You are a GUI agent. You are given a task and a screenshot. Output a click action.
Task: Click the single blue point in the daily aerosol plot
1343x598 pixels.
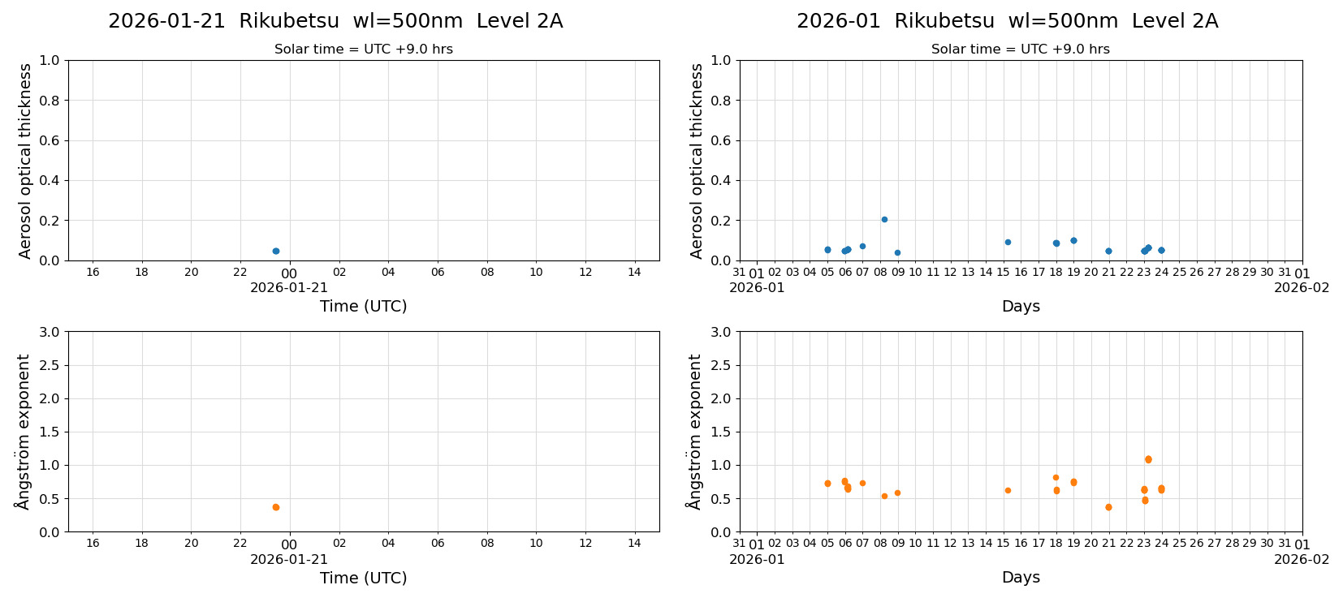click(276, 251)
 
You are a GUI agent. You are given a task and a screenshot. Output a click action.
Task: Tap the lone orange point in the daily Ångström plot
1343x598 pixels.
click(276, 507)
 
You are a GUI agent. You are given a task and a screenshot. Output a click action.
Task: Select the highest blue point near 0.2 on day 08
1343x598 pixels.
click(884, 219)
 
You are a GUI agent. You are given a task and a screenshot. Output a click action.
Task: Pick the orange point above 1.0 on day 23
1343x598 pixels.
click(1148, 459)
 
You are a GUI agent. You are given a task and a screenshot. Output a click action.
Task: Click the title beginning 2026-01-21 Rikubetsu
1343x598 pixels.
click(335, 22)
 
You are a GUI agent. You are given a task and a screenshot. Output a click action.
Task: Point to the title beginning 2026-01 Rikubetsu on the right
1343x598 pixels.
click(1007, 22)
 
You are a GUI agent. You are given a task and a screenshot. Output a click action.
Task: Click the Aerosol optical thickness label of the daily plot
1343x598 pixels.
click(25, 161)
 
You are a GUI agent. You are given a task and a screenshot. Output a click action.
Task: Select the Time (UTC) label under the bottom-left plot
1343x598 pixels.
click(363, 578)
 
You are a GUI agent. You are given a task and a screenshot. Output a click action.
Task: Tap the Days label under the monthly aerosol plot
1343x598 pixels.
click(1021, 306)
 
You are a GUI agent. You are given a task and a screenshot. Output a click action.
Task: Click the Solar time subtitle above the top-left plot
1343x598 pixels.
click(363, 49)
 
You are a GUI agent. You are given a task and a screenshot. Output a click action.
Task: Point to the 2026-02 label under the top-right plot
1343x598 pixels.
click(1302, 287)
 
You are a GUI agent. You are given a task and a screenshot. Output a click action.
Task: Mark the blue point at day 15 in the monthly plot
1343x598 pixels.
click(1008, 242)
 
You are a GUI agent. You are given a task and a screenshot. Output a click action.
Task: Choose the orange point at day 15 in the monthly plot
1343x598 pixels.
click(1008, 490)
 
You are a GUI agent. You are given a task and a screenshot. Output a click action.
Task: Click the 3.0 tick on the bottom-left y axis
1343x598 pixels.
click(50, 332)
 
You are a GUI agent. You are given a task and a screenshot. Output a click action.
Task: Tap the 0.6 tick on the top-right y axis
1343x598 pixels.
click(721, 140)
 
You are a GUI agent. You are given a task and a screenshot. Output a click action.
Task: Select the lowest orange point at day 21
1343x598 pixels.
click(1108, 507)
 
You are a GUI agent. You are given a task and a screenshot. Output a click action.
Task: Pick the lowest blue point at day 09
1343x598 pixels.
click(897, 252)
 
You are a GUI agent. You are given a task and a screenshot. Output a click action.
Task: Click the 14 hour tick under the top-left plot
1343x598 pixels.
click(634, 272)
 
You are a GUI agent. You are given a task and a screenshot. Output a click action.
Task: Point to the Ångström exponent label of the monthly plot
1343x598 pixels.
click(694, 432)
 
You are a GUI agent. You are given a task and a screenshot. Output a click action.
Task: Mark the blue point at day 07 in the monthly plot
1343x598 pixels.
click(862, 246)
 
